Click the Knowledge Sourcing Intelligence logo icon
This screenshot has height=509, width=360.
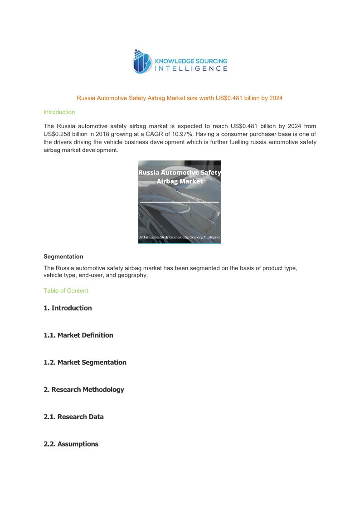pyautogui.click(x=142, y=62)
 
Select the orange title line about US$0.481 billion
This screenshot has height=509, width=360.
pyautogui.click(x=180, y=98)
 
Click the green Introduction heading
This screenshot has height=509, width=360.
pyautogui.click(x=59, y=112)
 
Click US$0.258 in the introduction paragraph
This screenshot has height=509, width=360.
pyautogui.click(x=58, y=134)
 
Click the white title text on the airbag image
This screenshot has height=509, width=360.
pyautogui.click(x=180, y=177)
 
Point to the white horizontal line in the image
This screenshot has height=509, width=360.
pyautogui.click(x=180, y=202)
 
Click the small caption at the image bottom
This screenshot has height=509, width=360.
pyautogui.click(x=180, y=238)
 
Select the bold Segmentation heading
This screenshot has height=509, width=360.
pyautogui.click(x=63, y=257)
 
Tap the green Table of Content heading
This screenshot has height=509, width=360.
pyautogui.click(x=66, y=291)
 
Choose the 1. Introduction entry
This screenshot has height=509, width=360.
pyautogui.click(x=68, y=308)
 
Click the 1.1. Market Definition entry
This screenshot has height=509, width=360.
pyautogui.click(x=78, y=335)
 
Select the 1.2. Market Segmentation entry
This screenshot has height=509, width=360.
pyautogui.click(x=85, y=363)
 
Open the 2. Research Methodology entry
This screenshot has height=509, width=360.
pyautogui.click(x=83, y=390)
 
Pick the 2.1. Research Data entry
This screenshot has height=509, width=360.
pyautogui.click(x=73, y=417)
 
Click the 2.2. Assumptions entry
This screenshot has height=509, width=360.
pyautogui.click(x=71, y=444)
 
